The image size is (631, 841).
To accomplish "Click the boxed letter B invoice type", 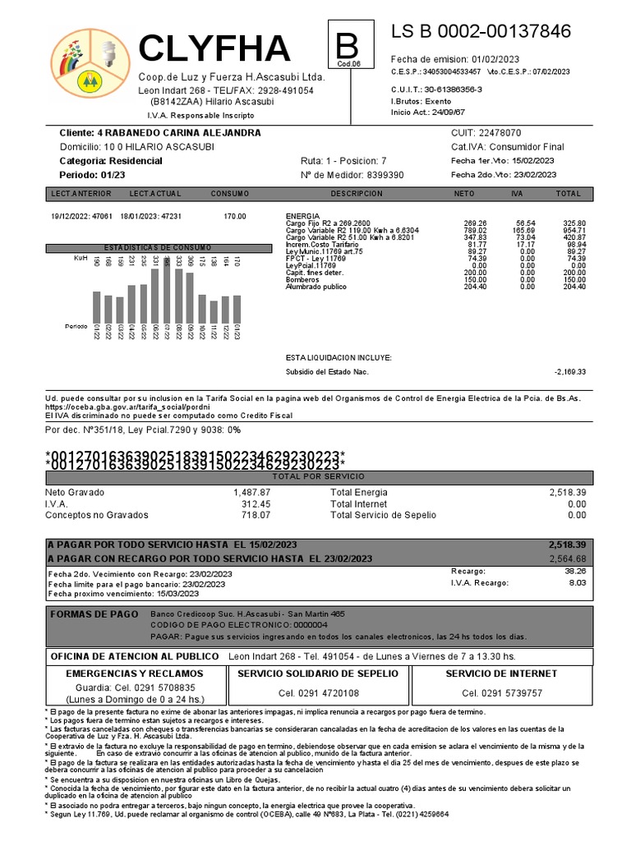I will tap(343, 43).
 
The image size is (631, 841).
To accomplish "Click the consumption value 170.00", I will tap(234, 216).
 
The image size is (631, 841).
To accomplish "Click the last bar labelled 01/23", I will tap(237, 309).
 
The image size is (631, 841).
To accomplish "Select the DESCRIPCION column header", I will tap(357, 194).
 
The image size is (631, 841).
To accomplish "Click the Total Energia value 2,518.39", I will tap(567, 491).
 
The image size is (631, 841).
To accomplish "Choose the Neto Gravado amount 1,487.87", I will tap(251, 491).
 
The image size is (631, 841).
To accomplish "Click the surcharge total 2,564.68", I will tap(567, 558).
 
